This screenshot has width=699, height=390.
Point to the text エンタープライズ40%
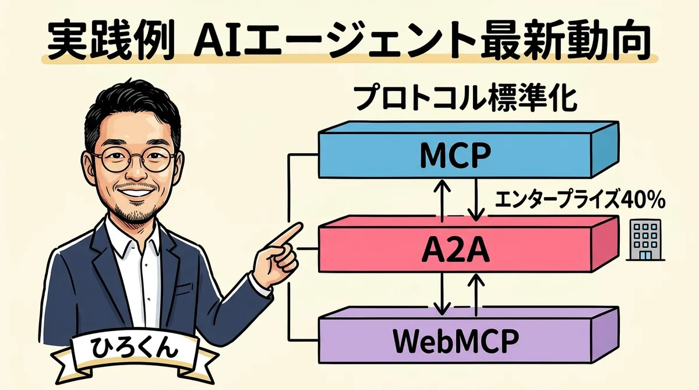tap(580, 201)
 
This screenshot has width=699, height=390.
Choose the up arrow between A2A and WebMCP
tap(476, 294)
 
